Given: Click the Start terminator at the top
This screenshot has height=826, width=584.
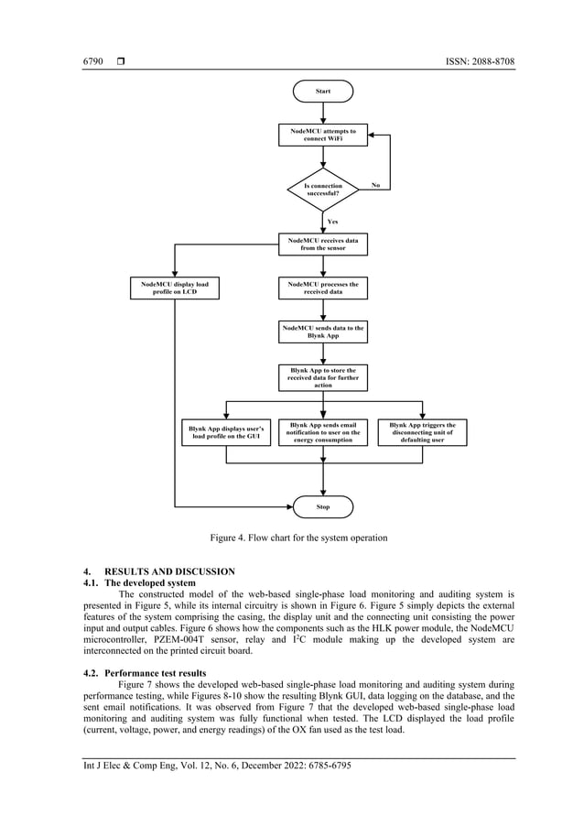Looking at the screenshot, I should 322,92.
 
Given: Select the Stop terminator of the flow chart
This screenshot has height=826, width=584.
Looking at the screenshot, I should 322,506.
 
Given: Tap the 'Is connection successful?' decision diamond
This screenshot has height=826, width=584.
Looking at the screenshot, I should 322,190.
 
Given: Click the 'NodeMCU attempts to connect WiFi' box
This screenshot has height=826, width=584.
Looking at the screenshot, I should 322,136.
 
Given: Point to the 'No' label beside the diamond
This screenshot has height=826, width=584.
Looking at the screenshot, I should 375,185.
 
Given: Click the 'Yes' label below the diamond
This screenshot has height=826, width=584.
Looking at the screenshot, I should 332,222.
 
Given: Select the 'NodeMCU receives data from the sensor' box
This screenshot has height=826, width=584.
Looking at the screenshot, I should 322,244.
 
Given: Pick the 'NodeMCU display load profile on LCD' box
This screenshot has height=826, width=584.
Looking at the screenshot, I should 174,288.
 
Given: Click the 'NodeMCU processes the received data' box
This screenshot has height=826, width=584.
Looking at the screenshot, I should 322,288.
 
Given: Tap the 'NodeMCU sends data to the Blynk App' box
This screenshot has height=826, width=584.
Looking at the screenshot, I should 322,331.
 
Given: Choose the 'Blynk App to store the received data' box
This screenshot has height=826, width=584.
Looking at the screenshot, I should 322,377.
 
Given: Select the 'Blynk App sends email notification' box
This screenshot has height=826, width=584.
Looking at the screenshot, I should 322,432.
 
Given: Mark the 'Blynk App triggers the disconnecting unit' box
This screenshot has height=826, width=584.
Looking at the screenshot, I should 422,432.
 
